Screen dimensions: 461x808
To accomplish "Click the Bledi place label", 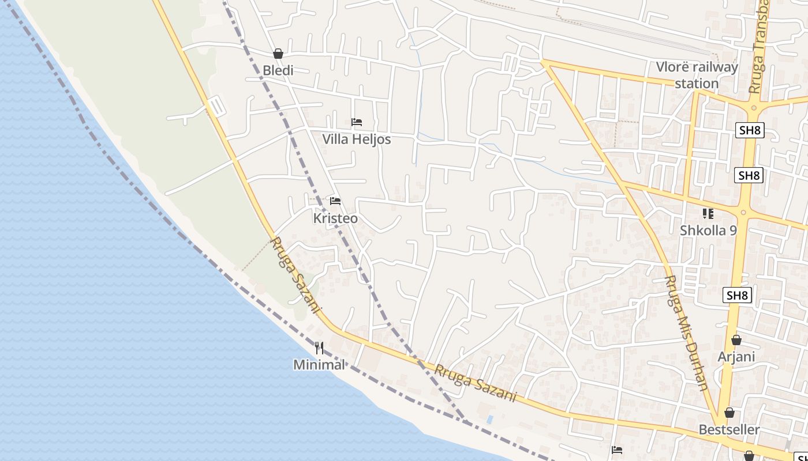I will click(278, 70).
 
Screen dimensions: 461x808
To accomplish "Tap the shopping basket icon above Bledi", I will click(278, 54).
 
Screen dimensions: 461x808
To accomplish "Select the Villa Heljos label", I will click(356, 139).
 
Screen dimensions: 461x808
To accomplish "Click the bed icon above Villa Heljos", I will click(357, 122).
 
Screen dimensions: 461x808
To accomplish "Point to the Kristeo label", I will click(335, 219).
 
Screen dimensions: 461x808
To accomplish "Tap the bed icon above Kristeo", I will click(335, 201).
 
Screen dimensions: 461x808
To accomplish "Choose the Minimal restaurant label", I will click(319, 365).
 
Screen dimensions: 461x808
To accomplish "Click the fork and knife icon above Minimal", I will click(319, 348).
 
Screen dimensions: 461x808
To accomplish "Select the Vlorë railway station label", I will click(697, 75).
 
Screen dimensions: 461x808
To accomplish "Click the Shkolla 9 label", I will click(708, 231).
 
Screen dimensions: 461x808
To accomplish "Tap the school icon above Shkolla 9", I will click(708, 214).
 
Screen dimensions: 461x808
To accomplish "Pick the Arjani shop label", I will click(736, 357).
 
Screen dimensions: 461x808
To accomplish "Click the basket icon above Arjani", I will click(736, 340).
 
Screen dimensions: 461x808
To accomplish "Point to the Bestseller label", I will click(729, 430).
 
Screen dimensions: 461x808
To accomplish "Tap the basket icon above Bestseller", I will click(730, 413).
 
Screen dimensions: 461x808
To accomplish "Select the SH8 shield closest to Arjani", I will click(737, 296).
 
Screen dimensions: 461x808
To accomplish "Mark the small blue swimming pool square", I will click(490, 419).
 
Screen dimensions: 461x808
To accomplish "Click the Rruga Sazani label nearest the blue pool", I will click(475, 384).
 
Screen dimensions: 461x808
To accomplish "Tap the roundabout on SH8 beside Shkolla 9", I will click(743, 213).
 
